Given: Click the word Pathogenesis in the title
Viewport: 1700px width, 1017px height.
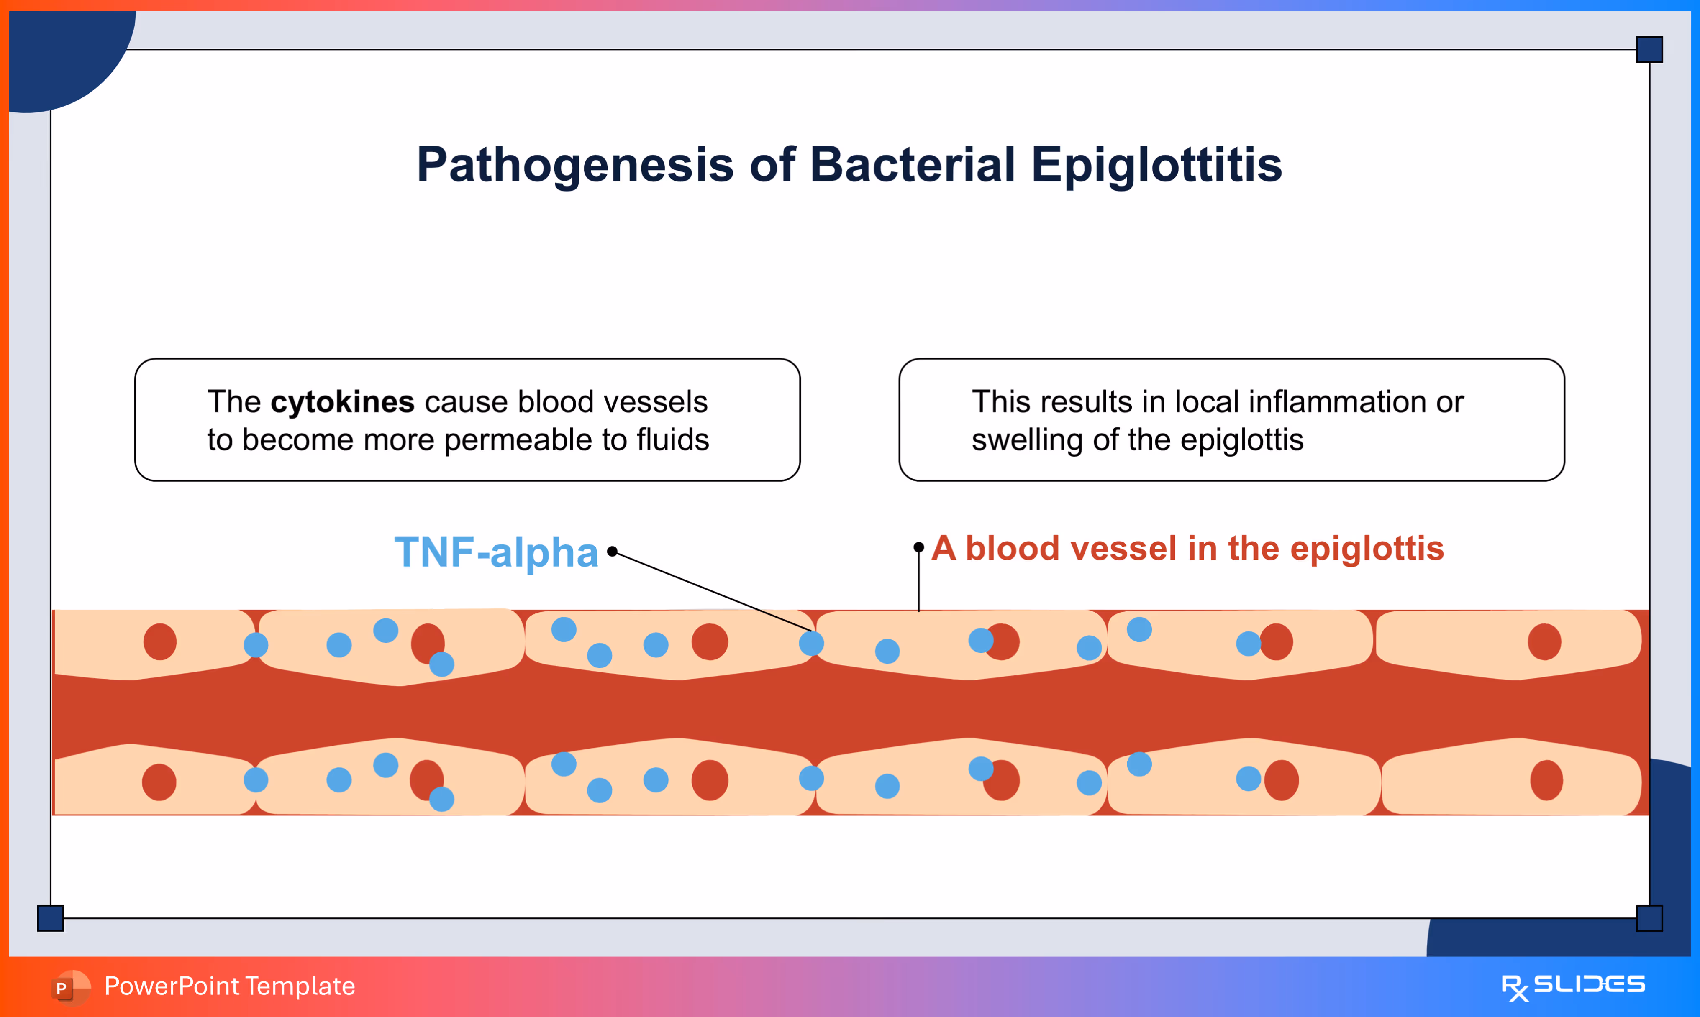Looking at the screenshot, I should [x=574, y=165].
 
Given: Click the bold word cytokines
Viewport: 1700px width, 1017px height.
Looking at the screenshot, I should [x=342, y=401].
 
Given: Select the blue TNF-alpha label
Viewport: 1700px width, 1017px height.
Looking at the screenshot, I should [x=495, y=552].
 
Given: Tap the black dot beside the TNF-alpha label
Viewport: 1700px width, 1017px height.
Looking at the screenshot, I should [x=612, y=552].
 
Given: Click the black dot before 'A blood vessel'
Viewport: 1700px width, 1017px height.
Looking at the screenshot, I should [x=918, y=547].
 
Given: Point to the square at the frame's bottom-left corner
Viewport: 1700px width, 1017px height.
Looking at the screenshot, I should [x=50, y=917].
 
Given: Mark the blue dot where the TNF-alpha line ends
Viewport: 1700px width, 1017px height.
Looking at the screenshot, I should [x=811, y=643].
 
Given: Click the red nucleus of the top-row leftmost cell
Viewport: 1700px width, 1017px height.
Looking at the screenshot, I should [x=160, y=641].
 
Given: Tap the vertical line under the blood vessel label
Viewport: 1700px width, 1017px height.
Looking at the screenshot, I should [x=918, y=583].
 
